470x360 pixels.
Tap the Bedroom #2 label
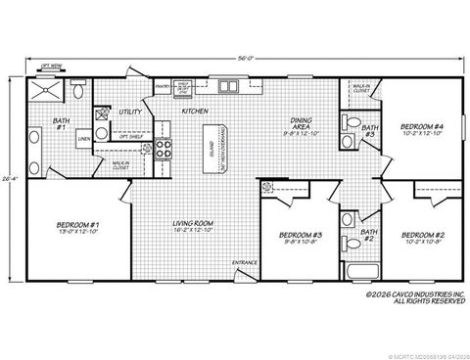point(423,235)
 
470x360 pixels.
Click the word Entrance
point(245,263)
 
